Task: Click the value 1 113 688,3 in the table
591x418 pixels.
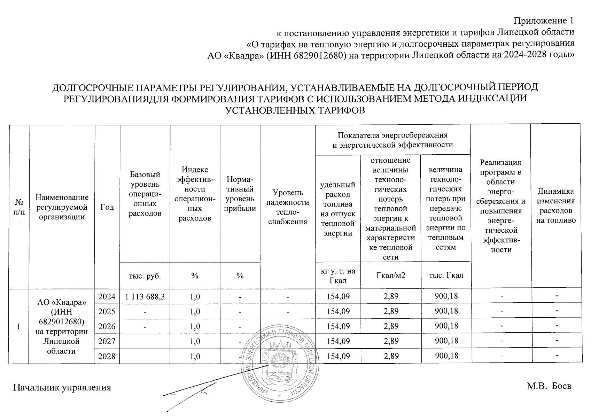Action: point(145,297)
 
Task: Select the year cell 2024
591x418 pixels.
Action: point(107,297)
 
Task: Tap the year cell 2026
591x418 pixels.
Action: point(107,326)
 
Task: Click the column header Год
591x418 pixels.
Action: point(107,207)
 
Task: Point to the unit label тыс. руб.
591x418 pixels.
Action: point(145,276)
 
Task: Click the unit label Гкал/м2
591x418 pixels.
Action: point(391,276)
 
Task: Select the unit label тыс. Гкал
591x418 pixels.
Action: point(446,275)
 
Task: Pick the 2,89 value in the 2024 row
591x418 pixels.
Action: point(391,297)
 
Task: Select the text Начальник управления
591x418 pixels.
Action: point(62,387)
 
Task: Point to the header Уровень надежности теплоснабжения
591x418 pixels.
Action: point(288,207)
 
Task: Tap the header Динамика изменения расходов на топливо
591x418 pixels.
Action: point(556,206)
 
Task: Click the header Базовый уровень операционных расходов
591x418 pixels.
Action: point(145,194)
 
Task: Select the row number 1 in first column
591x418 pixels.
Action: point(18,326)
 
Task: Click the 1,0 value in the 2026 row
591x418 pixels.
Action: point(195,326)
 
